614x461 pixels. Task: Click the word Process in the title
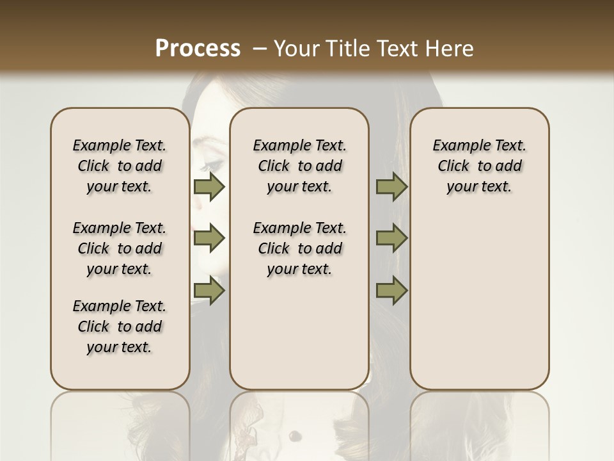[x=198, y=49]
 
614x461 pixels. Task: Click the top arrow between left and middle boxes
[x=209, y=186]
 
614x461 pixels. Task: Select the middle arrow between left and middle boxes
[x=209, y=238]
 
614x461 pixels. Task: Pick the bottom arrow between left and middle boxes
[x=209, y=291]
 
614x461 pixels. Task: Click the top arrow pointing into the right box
[x=391, y=186]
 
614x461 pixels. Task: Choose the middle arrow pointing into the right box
[x=391, y=238]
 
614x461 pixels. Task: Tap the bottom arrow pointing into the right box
[x=391, y=291]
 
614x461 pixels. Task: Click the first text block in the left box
[x=120, y=166]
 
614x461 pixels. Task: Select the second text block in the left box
[x=120, y=248]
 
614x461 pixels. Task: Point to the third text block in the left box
[x=120, y=327]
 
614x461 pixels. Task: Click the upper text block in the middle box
[x=299, y=166]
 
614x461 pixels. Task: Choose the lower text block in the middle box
[x=299, y=248]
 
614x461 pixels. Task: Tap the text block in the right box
[x=479, y=166]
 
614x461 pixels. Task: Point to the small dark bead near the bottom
[x=295, y=437]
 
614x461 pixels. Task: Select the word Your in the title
[x=295, y=49]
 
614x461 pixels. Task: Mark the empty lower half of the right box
[x=479, y=307]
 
